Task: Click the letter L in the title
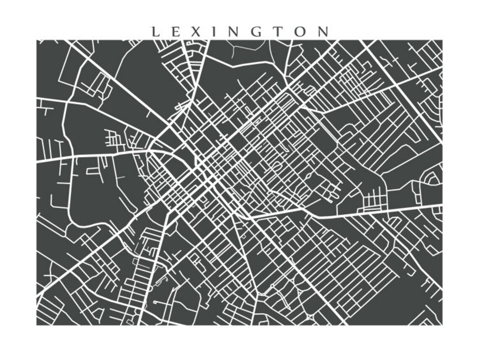point(155,32)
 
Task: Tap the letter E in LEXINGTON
point(176,32)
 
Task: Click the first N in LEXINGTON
point(233,32)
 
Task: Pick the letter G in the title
point(256,32)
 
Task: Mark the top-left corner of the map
point(37,40)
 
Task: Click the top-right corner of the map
point(442,40)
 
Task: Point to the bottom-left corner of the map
point(37,325)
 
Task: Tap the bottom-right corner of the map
point(442,325)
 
